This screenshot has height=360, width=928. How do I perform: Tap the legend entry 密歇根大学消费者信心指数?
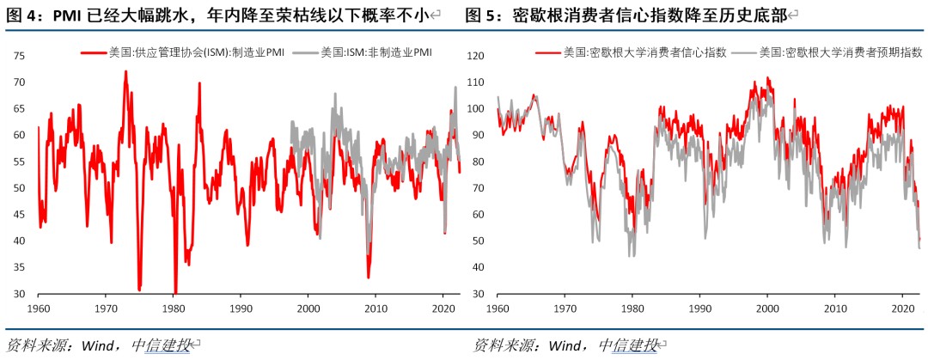pyautogui.click(x=632, y=52)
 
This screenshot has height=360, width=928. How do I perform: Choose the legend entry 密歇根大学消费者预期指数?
pyautogui.click(x=829, y=52)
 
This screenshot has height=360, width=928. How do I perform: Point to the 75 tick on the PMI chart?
pyautogui.click(x=20, y=56)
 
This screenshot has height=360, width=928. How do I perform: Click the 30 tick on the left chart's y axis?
pyautogui.click(x=20, y=294)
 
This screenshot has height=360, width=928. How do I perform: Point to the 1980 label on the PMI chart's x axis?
pyautogui.click(x=174, y=308)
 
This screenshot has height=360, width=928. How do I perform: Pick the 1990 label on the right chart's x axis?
pyautogui.click(x=699, y=308)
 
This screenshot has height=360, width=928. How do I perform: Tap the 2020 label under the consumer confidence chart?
pyautogui.click(x=901, y=308)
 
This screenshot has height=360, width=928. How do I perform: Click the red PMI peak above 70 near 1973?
pyautogui.click(x=126, y=72)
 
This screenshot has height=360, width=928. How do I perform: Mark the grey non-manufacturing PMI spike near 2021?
pyautogui.click(x=455, y=88)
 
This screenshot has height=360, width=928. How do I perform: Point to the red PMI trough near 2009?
pyautogui.click(x=368, y=277)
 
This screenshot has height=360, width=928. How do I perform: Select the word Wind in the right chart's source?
pyautogui.click(x=565, y=345)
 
